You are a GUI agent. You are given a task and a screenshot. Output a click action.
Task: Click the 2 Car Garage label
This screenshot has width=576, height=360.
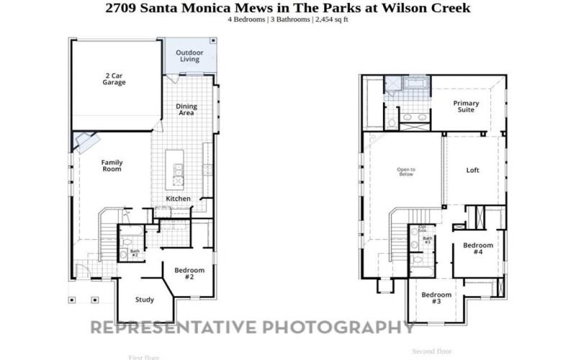click(114, 78)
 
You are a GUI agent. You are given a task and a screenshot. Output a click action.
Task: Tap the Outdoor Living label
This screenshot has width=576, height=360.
click(190, 55)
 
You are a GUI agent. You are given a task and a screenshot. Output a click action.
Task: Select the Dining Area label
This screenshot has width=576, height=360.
click(186, 109)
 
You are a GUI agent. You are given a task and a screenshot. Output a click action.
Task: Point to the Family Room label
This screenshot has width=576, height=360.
click(112, 166)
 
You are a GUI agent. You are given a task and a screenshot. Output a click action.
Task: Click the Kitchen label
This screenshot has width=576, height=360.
click(179, 199)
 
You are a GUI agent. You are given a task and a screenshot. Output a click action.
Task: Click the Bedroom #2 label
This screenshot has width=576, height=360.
click(189, 274)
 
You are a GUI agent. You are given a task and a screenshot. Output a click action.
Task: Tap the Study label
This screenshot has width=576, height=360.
click(145, 300)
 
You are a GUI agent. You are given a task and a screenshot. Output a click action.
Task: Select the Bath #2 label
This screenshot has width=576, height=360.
click(135, 253)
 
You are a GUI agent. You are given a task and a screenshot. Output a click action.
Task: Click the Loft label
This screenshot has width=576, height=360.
click(472, 171)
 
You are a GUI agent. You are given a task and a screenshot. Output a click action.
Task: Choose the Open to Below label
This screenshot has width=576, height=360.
click(406, 171)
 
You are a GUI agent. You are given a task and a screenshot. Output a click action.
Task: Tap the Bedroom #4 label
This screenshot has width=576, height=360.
click(478, 249)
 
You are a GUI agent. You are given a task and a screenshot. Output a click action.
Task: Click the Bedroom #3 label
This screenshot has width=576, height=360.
click(436, 298)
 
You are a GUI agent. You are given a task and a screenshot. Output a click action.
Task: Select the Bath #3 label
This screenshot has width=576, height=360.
click(427, 240)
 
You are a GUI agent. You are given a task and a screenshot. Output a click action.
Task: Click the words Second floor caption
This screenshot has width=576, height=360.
click(431, 351)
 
